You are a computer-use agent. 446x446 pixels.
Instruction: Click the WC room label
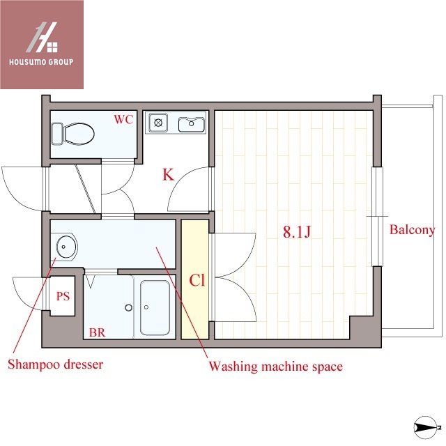click(x=123, y=119)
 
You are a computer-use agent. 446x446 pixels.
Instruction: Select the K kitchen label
click(x=168, y=174)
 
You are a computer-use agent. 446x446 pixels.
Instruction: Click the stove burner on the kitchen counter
click(x=158, y=123)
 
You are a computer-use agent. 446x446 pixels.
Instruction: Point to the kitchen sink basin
click(x=190, y=125)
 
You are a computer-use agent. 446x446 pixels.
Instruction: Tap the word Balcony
click(x=412, y=229)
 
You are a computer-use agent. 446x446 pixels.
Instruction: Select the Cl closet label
click(x=197, y=281)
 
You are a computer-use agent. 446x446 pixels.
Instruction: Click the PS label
click(x=63, y=296)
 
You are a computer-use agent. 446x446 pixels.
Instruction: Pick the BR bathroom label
click(x=97, y=332)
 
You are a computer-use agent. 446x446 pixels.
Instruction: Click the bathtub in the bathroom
click(x=155, y=307)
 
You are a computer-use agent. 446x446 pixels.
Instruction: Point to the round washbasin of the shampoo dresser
click(x=66, y=245)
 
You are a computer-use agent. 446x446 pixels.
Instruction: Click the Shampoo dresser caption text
click(x=55, y=364)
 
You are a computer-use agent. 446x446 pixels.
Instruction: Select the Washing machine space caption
click(x=276, y=366)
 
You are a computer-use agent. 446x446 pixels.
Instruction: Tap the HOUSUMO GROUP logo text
click(x=41, y=61)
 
